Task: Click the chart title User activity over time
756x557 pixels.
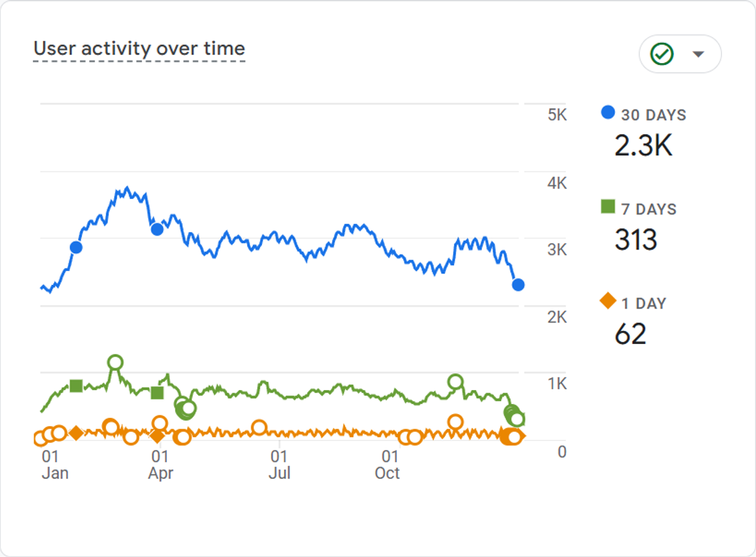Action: [x=139, y=49]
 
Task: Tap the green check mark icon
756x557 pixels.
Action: [x=662, y=54]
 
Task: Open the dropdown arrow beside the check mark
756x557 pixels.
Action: [x=698, y=54]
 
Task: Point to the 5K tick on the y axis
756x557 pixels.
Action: [x=557, y=115]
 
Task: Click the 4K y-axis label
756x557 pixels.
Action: [x=557, y=183]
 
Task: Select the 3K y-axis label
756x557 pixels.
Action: [x=557, y=250]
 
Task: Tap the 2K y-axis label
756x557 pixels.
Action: [x=557, y=317]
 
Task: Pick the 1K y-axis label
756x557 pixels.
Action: [x=557, y=384]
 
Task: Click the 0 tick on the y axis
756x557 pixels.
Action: [x=562, y=452]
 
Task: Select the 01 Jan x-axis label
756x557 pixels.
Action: [x=55, y=465]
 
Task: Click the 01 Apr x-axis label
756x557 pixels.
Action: [x=160, y=465]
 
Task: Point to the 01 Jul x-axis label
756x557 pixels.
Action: [x=280, y=465]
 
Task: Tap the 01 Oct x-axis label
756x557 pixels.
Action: [x=387, y=465]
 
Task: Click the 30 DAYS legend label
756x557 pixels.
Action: [x=653, y=115]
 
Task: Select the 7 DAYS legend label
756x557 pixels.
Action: [x=649, y=209]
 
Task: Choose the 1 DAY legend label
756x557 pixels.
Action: [x=644, y=304]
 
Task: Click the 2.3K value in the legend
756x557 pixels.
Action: [x=643, y=146]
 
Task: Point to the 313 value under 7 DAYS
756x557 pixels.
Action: [x=636, y=239]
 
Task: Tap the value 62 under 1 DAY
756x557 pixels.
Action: [x=631, y=334]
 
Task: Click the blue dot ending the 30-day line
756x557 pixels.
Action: [x=518, y=285]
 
